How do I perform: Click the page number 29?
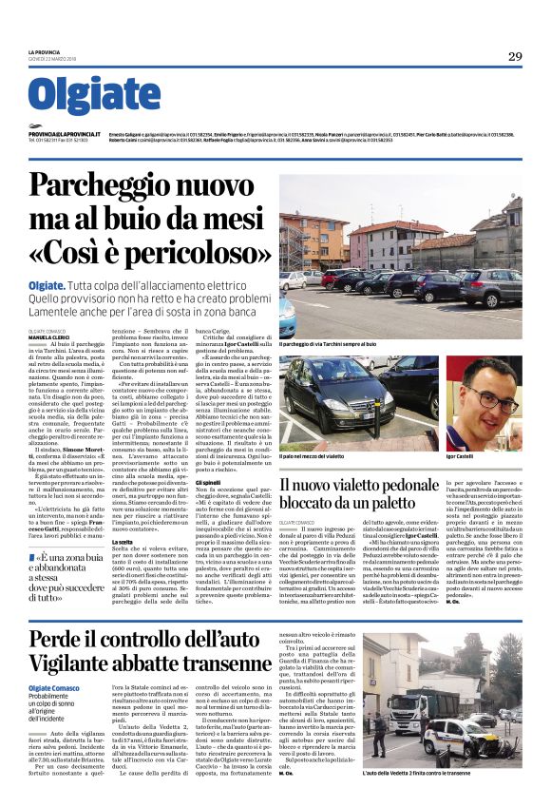tap(515, 57)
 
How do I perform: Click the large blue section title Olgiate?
tap(93, 96)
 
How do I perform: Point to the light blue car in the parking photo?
tap(286, 316)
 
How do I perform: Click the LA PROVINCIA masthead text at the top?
tap(45, 52)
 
